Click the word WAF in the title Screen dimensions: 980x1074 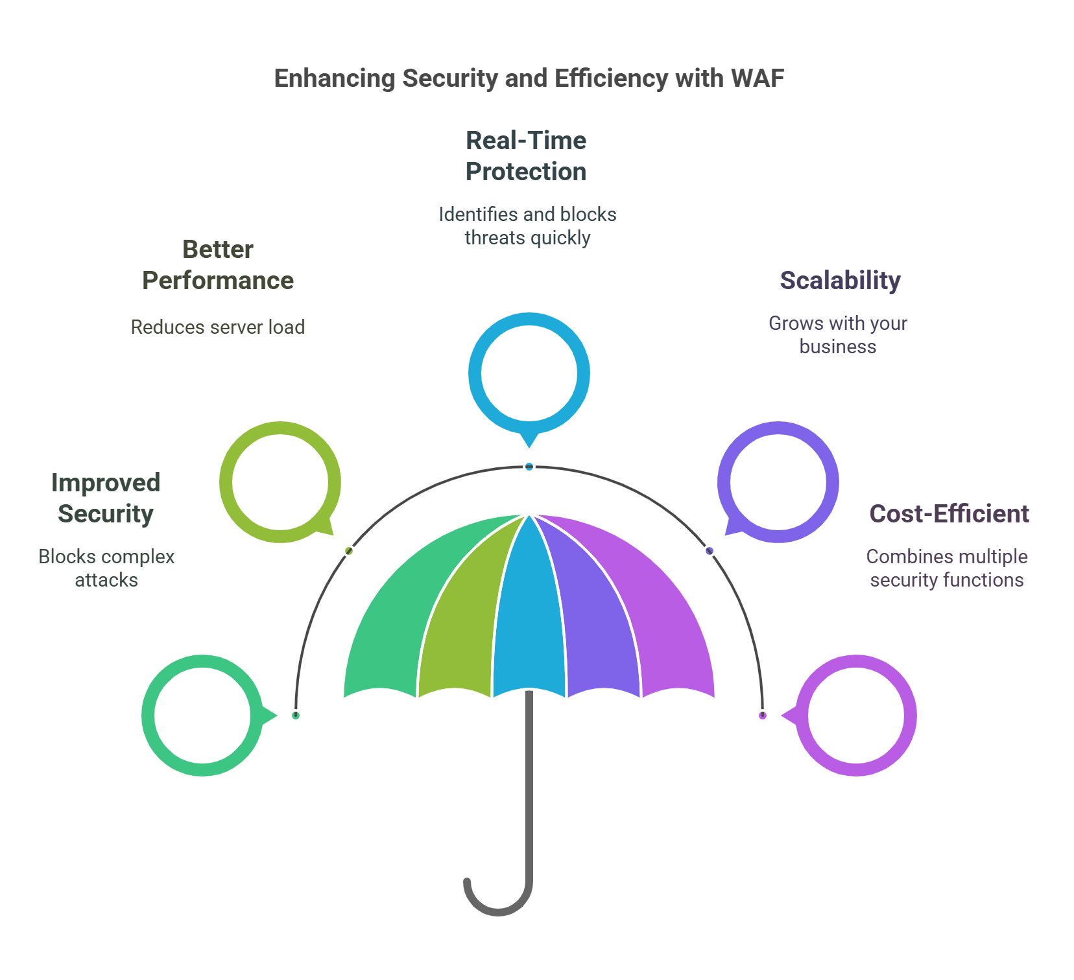757,78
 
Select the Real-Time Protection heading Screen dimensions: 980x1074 526,156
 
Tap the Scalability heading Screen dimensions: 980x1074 840,281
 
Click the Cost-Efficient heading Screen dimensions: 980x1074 949,514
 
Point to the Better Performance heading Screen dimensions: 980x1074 218,265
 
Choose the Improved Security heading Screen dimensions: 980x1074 106,498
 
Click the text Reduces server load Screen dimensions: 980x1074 218,327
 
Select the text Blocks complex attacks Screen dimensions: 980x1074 106,568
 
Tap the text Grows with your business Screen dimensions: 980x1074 838,335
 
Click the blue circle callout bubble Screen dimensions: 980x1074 529,373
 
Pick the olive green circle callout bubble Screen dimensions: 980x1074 280,482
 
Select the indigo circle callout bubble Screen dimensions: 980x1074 778,482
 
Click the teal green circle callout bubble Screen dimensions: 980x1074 202,716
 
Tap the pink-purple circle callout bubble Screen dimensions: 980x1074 856,716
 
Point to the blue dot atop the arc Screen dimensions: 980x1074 529,467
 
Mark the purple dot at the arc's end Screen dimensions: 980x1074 763,716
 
